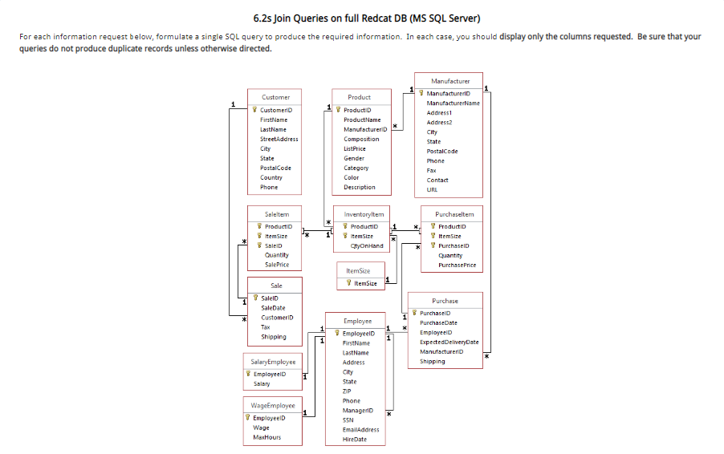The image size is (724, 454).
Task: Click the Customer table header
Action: click(x=275, y=97)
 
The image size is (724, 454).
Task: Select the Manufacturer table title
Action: click(x=450, y=81)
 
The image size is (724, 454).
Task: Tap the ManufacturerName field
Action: click(x=453, y=103)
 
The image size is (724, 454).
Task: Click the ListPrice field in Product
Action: click(x=355, y=148)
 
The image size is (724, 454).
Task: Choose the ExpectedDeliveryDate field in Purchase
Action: click(x=449, y=342)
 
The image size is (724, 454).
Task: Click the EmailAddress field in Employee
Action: click(x=360, y=429)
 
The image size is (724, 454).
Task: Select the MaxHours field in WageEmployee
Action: click(x=266, y=437)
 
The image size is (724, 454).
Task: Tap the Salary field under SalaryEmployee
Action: click(x=262, y=383)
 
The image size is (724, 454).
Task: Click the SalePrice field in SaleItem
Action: click(x=277, y=265)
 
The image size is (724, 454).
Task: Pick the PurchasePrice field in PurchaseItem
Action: click(x=457, y=265)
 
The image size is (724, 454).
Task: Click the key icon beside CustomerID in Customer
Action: click(x=254, y=111)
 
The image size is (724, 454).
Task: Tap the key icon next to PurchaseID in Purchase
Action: click(x=414, y=313)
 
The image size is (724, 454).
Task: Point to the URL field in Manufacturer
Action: click(x=432, y=190)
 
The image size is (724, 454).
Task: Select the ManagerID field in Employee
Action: click(x=357, y=410)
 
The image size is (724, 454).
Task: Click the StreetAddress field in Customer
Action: click(x=279, y=139)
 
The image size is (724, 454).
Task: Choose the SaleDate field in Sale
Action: click(x=274, y=308)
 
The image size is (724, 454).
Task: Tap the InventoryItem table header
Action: click(x=364, y=214)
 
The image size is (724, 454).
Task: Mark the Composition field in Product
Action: click(x=361, y=139)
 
